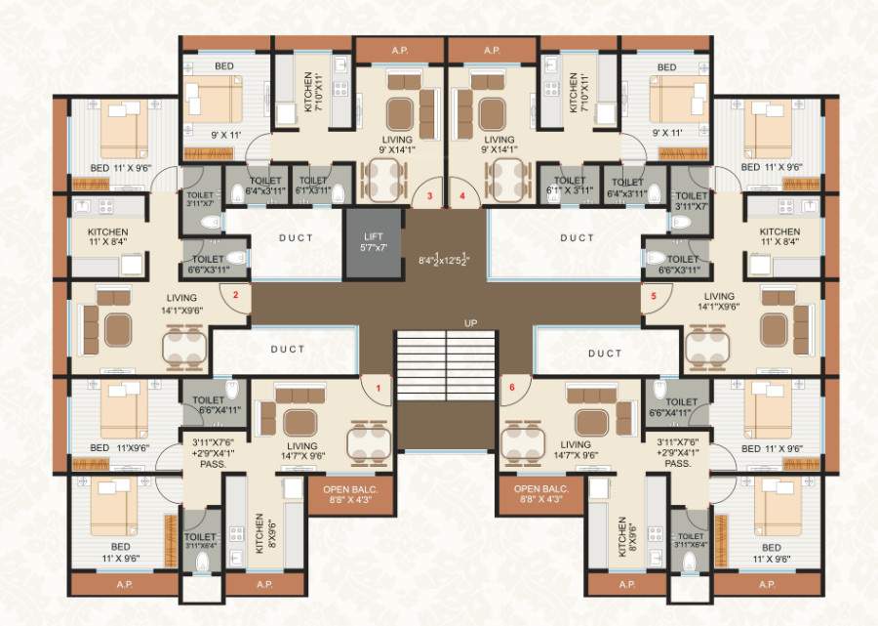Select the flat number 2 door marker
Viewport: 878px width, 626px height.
[x=235, y=292]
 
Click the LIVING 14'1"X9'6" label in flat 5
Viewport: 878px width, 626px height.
[x=719, y=303]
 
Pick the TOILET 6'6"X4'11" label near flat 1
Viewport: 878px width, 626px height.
[x=209, y=406]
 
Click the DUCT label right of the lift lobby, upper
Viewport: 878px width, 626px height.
[x=577, y=237]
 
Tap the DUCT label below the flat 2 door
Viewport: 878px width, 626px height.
[x=287, y=349]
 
